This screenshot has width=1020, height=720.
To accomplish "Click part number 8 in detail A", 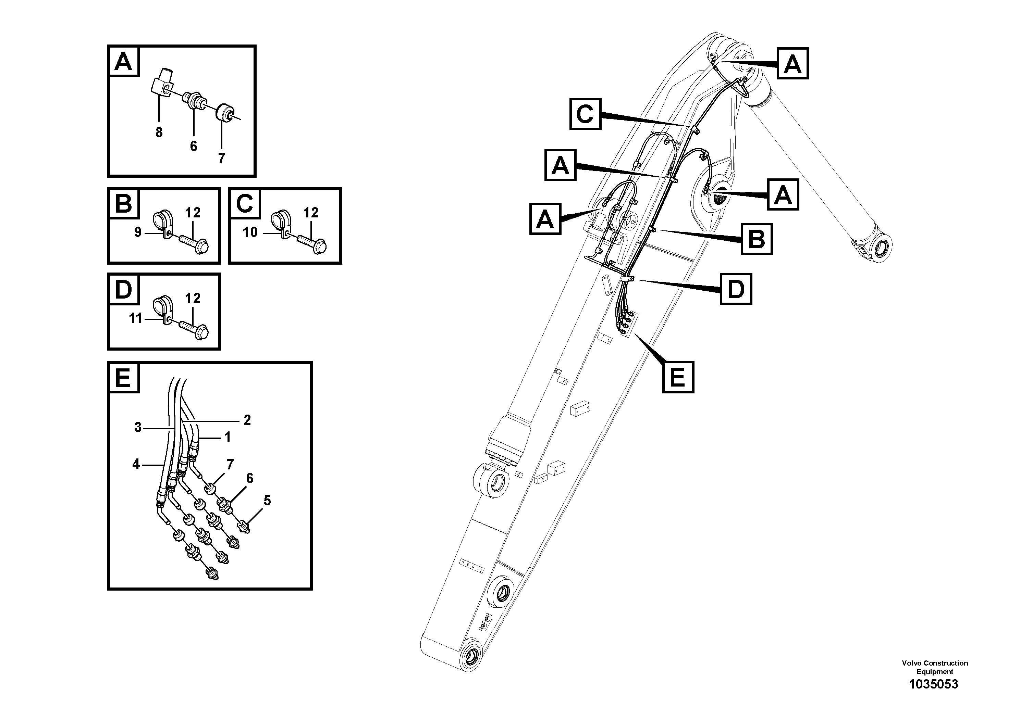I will tap(159, 132).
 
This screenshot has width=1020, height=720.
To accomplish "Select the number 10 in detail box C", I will tap(250, 232).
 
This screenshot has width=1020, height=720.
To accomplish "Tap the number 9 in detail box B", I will tap(138, 232).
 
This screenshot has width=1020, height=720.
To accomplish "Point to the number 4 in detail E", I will tap(136, 464).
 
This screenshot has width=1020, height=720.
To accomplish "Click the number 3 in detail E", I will tap(138, 427).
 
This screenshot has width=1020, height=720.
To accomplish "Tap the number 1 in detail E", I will tap(228, 437).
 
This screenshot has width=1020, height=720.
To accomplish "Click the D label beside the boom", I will tap(736, 289).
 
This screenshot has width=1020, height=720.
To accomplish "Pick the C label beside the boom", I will tap(585, 114).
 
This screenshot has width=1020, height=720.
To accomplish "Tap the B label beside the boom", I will tap(757, 239).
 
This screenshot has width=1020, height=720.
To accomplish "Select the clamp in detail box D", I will tap(161, 309).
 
